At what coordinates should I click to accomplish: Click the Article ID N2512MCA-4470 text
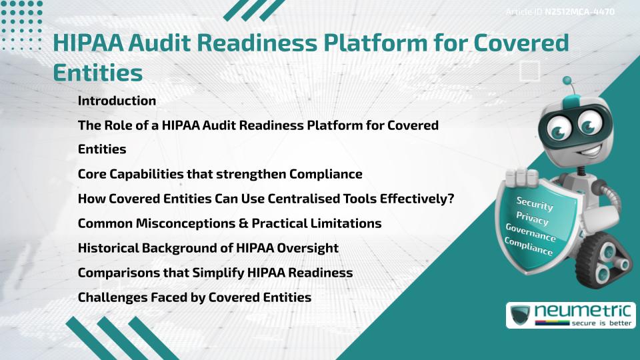[x=559, y=12]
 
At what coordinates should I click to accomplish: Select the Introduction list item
[x=117, y=101]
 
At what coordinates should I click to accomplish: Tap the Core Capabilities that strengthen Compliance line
[x=220, y=174]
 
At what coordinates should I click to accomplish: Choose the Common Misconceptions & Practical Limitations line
[x=229, y=223]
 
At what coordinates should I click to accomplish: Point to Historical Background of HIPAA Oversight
[x=208, y=248]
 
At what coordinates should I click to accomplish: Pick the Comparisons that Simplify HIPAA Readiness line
[x=215, y=273]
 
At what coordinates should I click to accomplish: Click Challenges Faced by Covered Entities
[x=194, y=297]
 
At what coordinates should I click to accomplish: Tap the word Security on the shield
[x=535, y=203]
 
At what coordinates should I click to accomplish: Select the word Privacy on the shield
[x=532, y=218]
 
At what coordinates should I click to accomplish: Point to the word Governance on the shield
[x=531, y=233]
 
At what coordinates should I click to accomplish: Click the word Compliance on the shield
[x=529, y=247]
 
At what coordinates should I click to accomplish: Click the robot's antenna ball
[x=567, y=81]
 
